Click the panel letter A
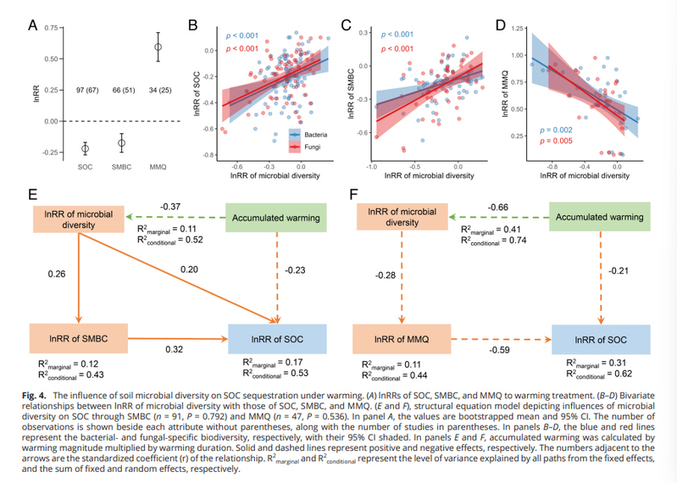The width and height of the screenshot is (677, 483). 32,25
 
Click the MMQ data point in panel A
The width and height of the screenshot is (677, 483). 157,47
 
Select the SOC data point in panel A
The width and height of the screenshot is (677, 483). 85,148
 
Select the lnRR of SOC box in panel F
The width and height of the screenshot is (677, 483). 602,340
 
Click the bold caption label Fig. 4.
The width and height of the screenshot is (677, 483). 42,396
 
